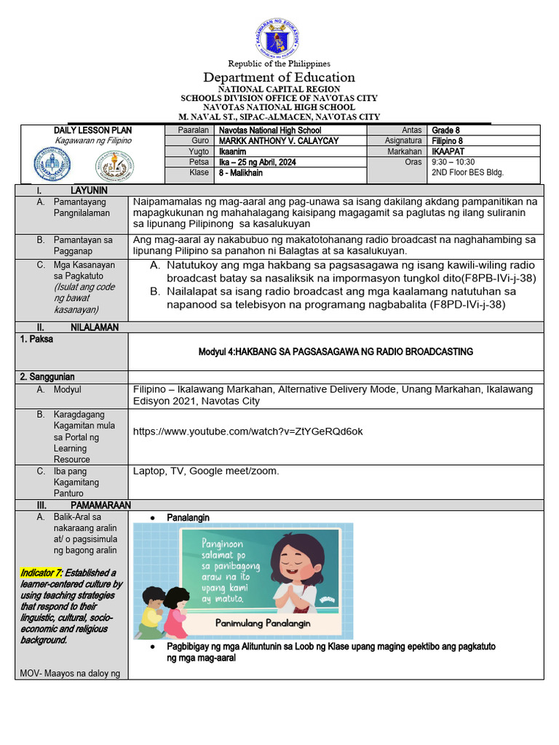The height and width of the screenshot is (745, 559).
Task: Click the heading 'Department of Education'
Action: pos(279,77)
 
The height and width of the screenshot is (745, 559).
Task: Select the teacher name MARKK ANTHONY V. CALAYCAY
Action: pos(279,140)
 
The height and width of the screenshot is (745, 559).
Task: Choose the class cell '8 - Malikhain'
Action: pos(241,173)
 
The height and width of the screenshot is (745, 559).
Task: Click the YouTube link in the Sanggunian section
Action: pos(248,431)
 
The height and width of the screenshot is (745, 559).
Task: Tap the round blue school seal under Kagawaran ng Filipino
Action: pos(53,164)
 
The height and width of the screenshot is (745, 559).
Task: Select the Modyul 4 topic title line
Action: pos(336,351)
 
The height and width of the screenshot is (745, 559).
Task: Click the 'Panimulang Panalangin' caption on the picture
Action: pos(263,623)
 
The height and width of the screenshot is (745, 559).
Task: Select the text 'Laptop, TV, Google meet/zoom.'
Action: pos(206,471)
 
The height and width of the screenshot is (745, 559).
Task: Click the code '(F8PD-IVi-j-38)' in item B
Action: pos(467,304)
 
